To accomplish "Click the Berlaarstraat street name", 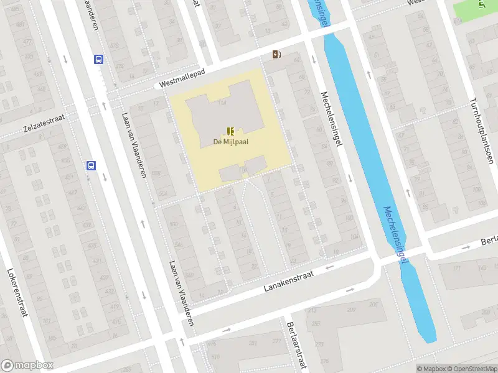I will (298, 344).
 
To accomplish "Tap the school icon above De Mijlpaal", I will (230, 131).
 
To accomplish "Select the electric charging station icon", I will (276, 55).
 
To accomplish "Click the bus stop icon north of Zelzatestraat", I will (98, 60).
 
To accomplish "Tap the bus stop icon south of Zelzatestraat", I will (91, 165).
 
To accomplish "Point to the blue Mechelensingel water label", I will (396, 235).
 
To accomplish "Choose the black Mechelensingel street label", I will (331, 119).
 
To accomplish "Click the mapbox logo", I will (27, 366).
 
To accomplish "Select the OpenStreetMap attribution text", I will (472, 369).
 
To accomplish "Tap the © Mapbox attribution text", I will (431, 369).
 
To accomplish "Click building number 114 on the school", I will (222, 103).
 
